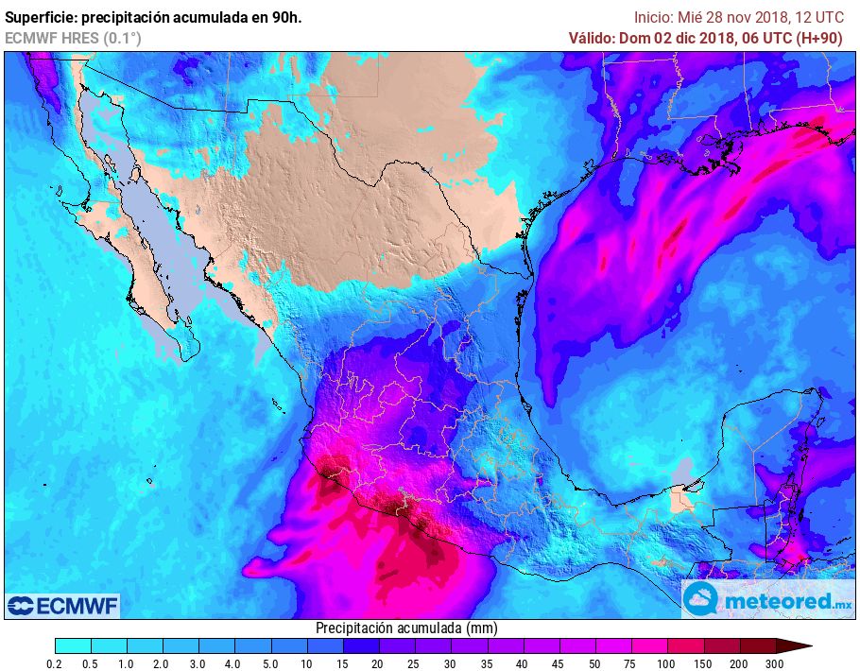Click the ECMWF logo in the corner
click(62, 605)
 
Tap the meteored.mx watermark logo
click(767, 599)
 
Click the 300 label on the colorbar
click(776, 664)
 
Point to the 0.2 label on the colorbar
click(55, 664)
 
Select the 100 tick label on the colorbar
click(666, 664)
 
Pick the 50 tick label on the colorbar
click(594, 664)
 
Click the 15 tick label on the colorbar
click(342, 664)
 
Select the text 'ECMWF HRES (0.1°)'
click(73, 38)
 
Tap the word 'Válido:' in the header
click(592, 38)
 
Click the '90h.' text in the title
click(285, 17)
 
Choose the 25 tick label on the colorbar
click(414, 664)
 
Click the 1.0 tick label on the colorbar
click(127, 664)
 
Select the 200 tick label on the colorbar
click(739, 664)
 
